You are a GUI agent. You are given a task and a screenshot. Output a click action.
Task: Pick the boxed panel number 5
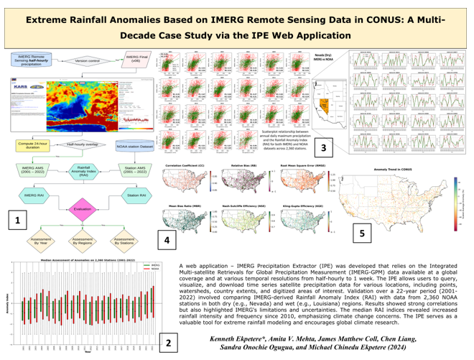pos(361,234)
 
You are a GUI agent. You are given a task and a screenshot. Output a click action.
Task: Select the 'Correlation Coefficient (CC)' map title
pos(182,145)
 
